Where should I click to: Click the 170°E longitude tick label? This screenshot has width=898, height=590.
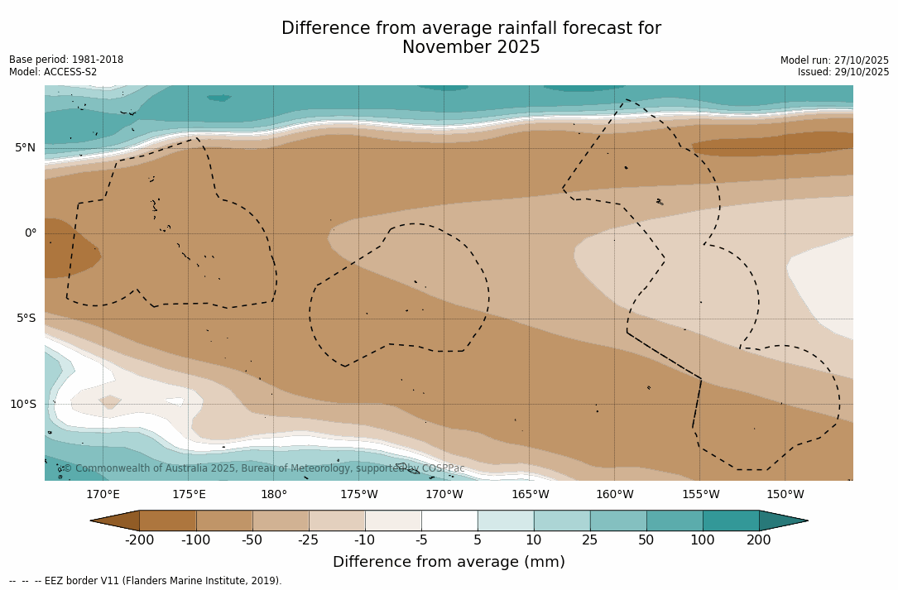coord(103,495)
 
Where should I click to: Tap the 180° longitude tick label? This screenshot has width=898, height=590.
coord(274,495)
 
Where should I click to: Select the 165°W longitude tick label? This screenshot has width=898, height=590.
coord(530,495)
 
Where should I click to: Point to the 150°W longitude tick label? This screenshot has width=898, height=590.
coord(785,495)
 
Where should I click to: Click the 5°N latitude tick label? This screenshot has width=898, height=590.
coord(26,148)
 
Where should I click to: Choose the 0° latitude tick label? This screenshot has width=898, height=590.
coord(31,233)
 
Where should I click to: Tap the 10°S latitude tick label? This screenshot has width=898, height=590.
coord(23,405)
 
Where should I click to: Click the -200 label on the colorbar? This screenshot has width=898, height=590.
coord(139,540)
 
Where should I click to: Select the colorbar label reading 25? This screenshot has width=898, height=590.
coord(590,540)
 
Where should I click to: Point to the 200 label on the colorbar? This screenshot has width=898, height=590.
coord(759,540)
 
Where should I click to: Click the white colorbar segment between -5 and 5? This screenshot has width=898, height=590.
coord(449,520)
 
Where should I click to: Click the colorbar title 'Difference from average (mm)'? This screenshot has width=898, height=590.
coord(449,563)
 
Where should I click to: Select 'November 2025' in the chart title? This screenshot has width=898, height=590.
coord(471,48)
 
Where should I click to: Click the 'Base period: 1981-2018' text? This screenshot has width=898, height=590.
coord(66,60)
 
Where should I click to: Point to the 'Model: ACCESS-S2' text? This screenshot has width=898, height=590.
coord(53,72)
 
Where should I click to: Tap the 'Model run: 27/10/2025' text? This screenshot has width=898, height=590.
coord(834,60)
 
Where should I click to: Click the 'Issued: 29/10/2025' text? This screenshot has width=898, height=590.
coord(843,72)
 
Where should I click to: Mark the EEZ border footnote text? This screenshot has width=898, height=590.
coord(145,581)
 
